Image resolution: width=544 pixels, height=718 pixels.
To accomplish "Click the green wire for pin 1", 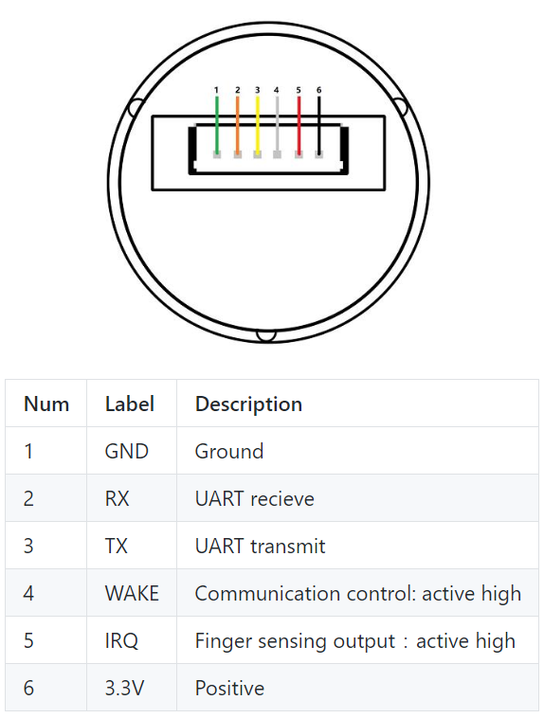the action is point(217,124).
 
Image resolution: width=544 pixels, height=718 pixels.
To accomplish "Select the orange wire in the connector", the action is point(237,124).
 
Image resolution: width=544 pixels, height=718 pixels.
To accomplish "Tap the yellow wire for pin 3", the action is point(258,124).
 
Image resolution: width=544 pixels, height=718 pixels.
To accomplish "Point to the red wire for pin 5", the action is point(299,124).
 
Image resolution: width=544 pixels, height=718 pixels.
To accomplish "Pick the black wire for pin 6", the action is point(319,124).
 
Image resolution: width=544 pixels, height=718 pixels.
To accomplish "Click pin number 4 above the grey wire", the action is point(277,90).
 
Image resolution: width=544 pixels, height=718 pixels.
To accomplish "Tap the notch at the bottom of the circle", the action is point(265,335).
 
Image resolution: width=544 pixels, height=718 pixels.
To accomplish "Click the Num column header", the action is point(46,404).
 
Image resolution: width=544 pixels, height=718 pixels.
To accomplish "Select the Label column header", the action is point(130,404).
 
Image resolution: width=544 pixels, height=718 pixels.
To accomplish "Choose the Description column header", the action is point(249,404).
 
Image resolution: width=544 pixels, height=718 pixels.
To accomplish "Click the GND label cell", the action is point(127,452).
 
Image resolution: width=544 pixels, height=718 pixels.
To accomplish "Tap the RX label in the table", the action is point(118,498).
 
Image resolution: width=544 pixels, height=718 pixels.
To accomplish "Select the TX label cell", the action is point(117,547).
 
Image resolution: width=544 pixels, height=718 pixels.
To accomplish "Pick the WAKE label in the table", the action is point(132,594).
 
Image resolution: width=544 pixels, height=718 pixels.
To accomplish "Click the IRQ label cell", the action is point(121,641).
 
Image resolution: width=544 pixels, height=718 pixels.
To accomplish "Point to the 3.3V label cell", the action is point(125,689).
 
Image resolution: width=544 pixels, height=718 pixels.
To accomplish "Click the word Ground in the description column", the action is point(229,452).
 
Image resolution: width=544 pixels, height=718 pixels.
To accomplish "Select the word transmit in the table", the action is point(288,547).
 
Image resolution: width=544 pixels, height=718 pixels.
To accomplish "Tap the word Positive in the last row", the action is point(230,689).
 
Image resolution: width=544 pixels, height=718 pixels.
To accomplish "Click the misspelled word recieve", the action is point(282,498).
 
